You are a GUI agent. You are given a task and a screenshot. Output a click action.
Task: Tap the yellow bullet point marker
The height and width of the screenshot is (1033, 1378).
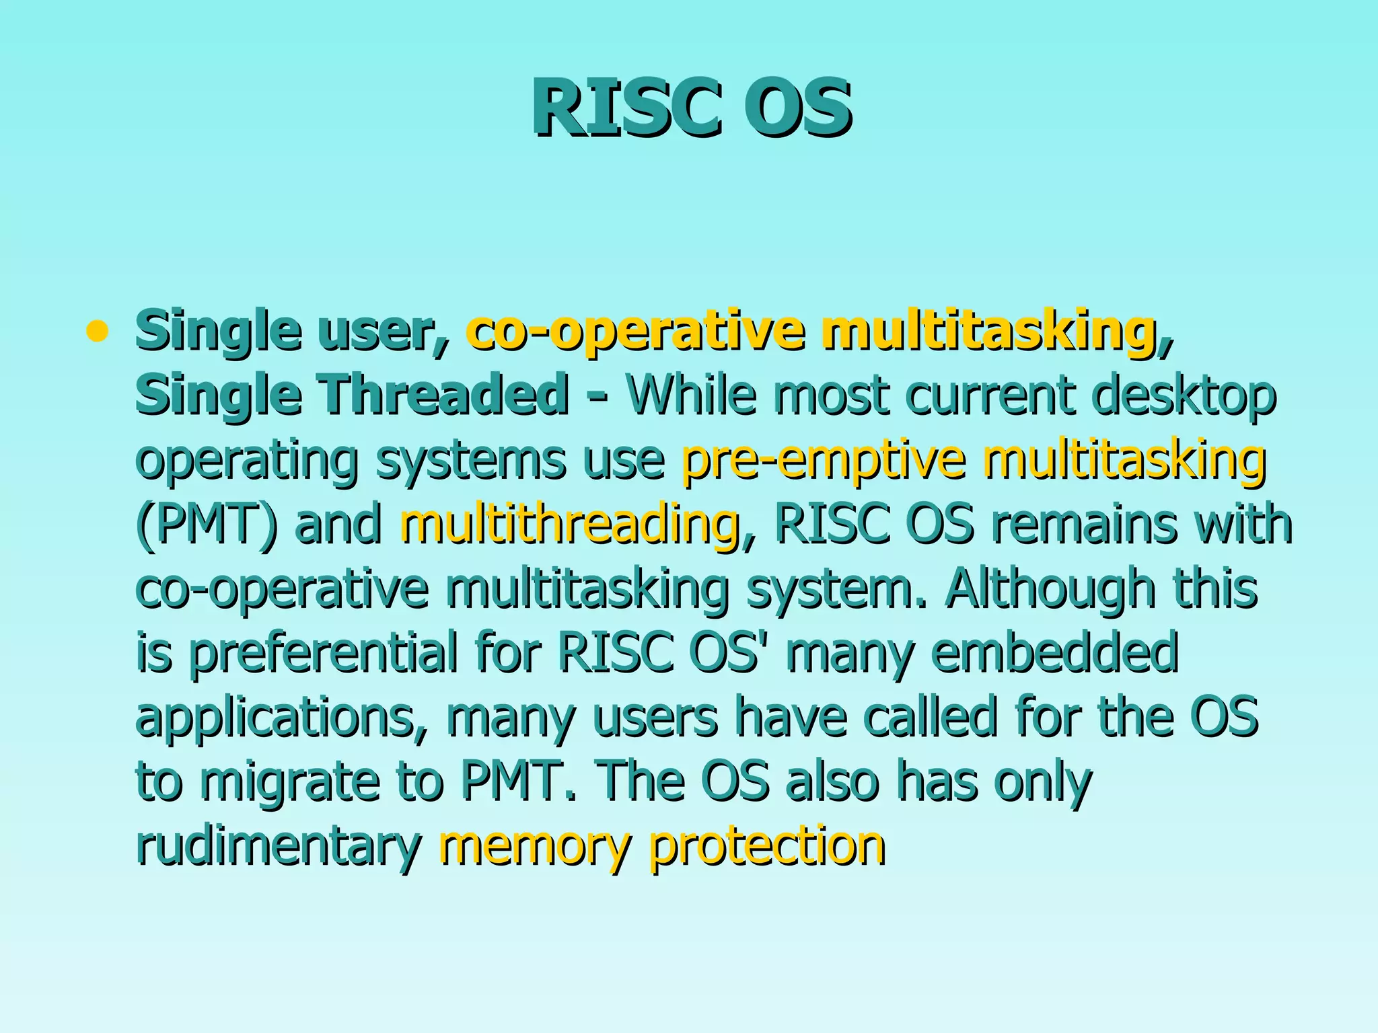(x=98, y=331)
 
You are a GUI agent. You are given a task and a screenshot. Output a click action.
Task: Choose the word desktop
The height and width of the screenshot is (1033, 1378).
(x=1184, y=395)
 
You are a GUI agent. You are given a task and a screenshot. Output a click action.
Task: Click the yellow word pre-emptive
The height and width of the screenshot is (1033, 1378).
(x=824, y=459)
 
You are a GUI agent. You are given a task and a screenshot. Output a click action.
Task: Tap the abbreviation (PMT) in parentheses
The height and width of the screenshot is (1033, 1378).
(x=206, y=524)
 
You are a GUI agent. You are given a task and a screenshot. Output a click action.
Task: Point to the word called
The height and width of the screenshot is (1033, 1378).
(x=929, y=716)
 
